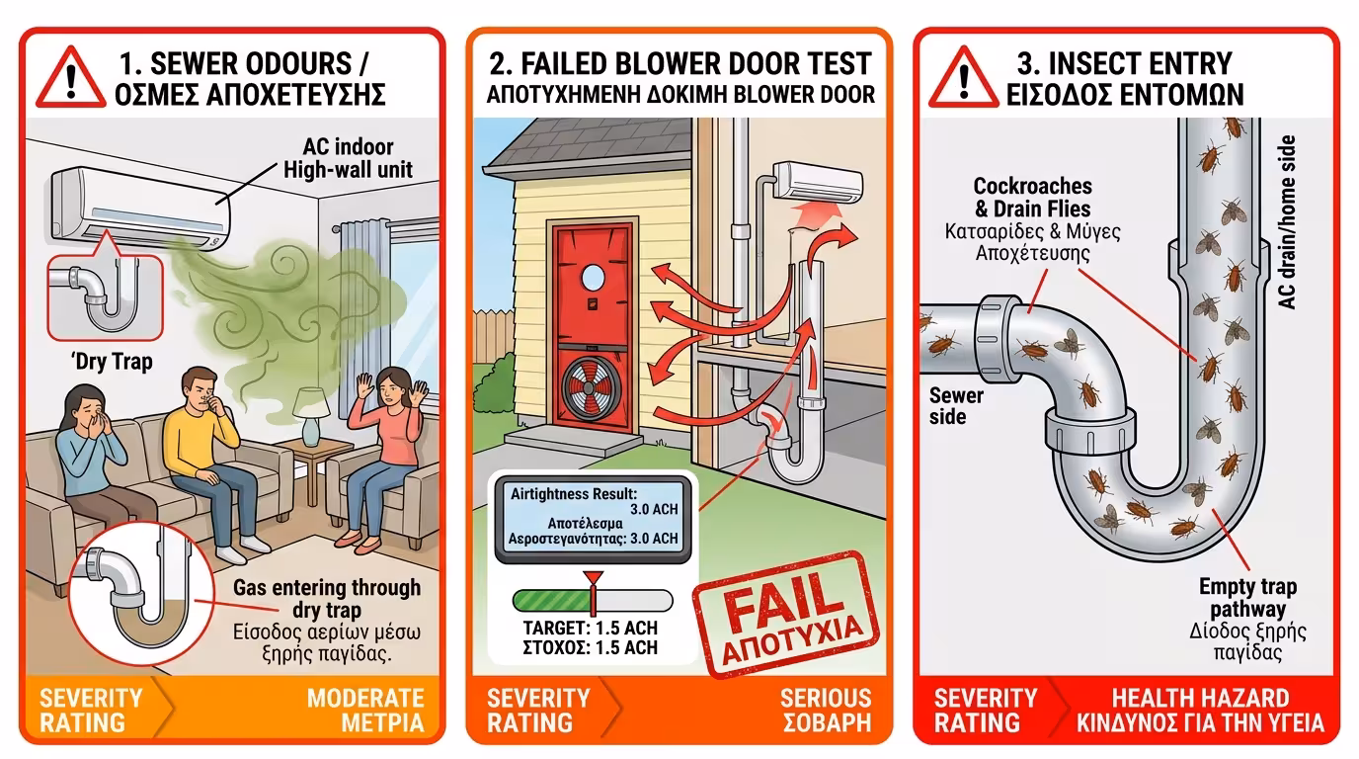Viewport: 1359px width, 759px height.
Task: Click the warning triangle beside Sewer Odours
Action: point(71,79)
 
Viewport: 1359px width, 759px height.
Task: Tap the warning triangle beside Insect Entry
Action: point(963,79)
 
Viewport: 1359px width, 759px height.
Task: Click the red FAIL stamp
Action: point(787,614)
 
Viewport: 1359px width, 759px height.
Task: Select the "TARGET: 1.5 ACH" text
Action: point(591,628)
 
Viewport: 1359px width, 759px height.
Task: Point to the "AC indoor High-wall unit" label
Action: point(348,158)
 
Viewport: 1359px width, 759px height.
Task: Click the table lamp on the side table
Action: point(311,416)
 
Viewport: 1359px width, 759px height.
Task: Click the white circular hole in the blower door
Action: point(593,278)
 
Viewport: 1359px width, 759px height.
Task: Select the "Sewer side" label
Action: point(956,406)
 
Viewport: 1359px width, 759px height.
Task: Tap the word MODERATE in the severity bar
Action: point(365,699)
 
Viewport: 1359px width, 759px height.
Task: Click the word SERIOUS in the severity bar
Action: point(826,699)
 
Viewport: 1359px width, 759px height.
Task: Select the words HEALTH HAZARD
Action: point(1200,699)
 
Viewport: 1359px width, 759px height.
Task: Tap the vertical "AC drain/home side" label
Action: point(1286,222)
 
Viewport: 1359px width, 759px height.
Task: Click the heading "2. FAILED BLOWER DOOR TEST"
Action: point(680,64)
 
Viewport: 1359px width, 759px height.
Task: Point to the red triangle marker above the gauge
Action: point(593,578)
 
